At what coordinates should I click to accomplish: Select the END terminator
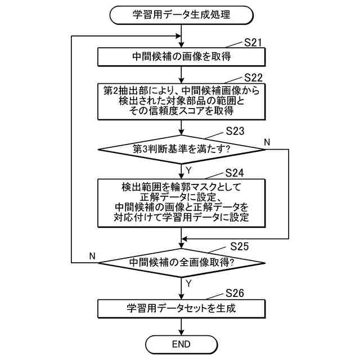point(182,344)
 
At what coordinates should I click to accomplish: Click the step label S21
point(254,43)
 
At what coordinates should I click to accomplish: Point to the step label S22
point(254,76)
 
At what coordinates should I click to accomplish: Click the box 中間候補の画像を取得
point(182,57)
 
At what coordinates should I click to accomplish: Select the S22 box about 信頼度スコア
point(182,102)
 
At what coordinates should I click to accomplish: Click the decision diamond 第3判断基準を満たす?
point(182,150)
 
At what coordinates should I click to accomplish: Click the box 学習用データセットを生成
point(182,308)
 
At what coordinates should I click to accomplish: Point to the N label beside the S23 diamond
point(268,141)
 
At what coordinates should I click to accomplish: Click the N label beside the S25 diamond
point(93,256)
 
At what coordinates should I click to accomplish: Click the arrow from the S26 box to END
point(182,326)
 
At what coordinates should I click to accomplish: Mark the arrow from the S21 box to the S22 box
point(182,74)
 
